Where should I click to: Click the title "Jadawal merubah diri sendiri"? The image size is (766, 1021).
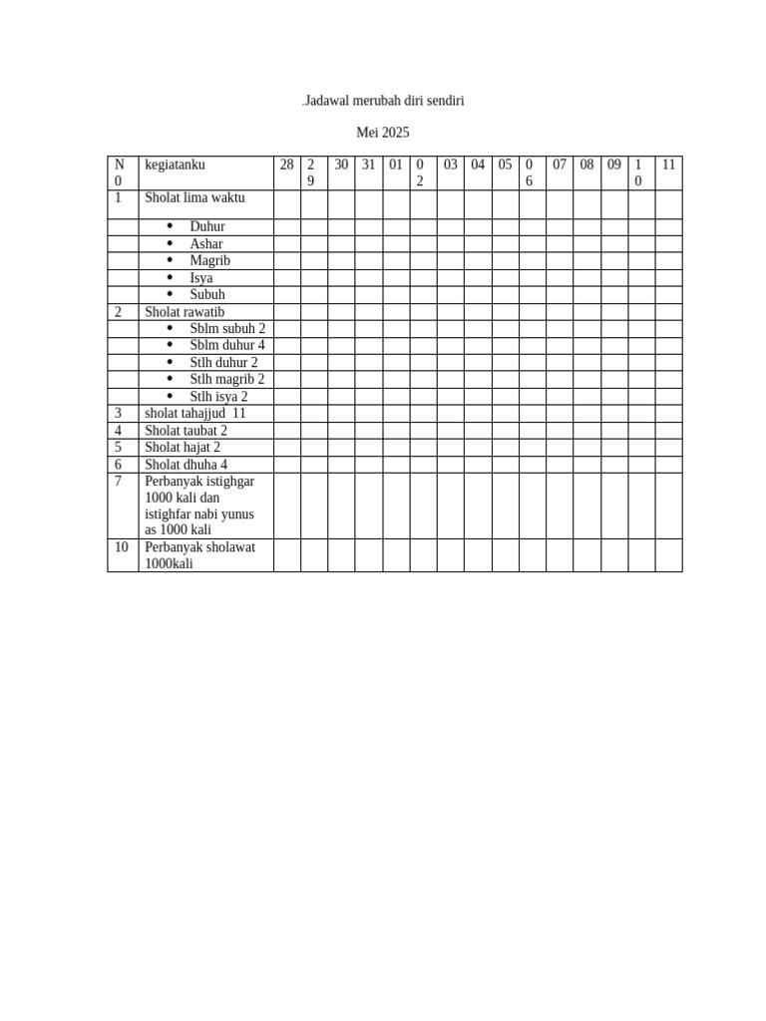pyautogui.click(x=383, y=102)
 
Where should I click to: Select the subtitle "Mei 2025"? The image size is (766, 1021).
pyautogui.click(x=383, y=133)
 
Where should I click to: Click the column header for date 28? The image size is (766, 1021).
pyautogui.click(x=287, y=166)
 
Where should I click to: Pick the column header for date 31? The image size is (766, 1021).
pyautogui.click(x=368, y=166)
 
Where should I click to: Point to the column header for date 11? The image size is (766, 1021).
pyautogui.click(x=668, y=166)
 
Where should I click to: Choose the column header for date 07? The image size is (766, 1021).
pyautogui.click(x=560, y=166)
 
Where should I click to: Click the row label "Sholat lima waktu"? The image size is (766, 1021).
pyautogui.click(x=194, y=198)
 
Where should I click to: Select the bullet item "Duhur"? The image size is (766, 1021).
pyautogui.click(x=207, y=227)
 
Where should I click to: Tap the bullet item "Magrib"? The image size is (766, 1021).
pyautogui.click(x=210, y=261)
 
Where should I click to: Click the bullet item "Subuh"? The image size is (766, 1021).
pyautogui.click(x=207, y=295)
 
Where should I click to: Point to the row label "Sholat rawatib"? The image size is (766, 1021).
pyautogui.click(x=185, y=312)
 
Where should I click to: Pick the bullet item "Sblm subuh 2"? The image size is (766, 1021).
pyautogui.click(x=227, y=329)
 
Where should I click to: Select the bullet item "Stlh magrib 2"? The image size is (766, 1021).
pyautogui.click(x=227, y=380)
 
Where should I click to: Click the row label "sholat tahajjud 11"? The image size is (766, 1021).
pyautogui.click(x=194, y=414)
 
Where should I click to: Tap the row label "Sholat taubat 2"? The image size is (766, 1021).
pyautogui.click(x=187, y=431)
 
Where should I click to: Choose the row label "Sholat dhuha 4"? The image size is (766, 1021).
pyautogui.click(x=187, y=465)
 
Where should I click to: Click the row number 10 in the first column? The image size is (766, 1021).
pyautogui.click(x=121, y=547)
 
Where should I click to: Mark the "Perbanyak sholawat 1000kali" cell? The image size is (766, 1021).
pyautogui.click(x=199, y=555)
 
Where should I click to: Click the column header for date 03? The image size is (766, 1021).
pyautogui.click(x=451, y=166)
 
